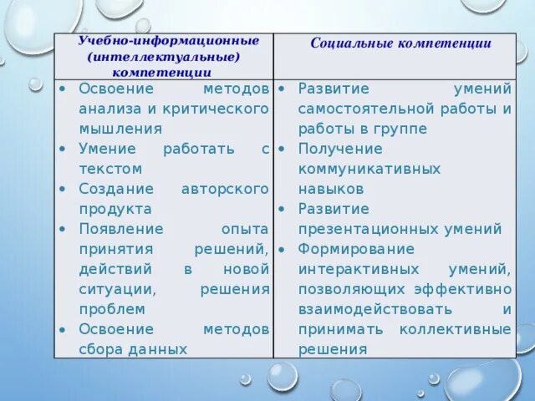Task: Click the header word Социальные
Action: (345, 43)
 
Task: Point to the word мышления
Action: (120, 129)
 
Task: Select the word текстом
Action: (110, 169)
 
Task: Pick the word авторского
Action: (225, 189)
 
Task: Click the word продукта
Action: (115, 209)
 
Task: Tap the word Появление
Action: (121, 229)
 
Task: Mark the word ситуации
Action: (117, 289)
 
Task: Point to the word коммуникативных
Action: (369, 169)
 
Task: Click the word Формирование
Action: (356, 249)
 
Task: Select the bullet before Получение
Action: (284, 149)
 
